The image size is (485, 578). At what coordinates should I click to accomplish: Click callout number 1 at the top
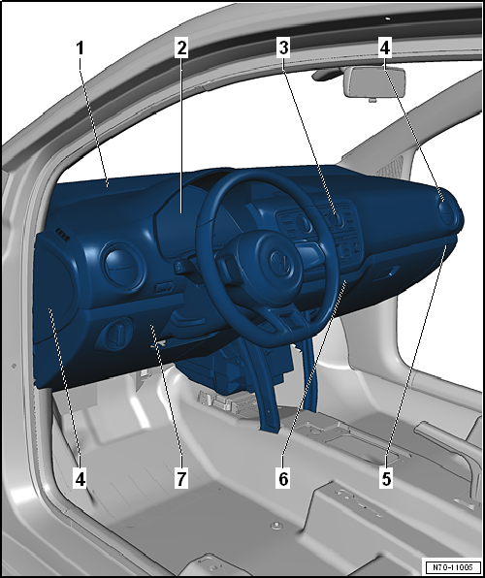pyautogui.click(x=81, y=48)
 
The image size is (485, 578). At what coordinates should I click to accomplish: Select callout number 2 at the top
pyautogui.click(x=181, y=48)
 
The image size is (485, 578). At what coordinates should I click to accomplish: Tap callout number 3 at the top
pyautogui.click(x=283, y=48)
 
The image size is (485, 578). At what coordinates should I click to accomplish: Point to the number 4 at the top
pyautogui.click(x=385, y=48)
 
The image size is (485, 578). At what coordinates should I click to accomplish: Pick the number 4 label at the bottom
pyautogui.click(x=81, y=479)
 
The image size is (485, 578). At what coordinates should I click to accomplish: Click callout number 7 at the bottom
pyautogui.click(x=181, y=479)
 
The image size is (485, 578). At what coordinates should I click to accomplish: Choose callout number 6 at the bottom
pyautogui.click(x=283, y=479)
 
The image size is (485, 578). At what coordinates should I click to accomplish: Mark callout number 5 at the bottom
pyautogui.click(x=386, y=479)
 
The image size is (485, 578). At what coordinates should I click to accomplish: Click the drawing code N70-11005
pyautogui.click(x=453, y=566)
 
